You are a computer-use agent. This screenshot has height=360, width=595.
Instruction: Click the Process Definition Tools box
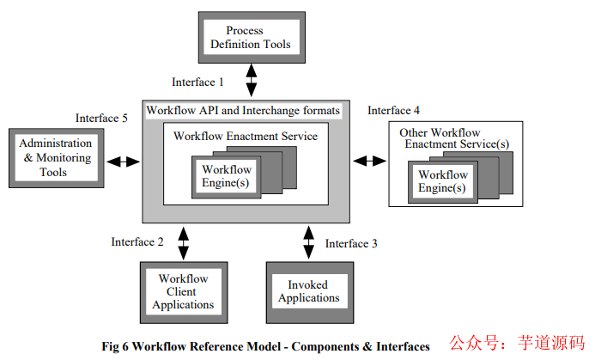252,38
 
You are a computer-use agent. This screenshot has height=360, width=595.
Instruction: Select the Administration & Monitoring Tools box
55,158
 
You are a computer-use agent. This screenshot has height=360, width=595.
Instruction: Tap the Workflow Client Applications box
182,291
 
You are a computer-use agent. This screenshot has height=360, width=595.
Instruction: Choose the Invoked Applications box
308,291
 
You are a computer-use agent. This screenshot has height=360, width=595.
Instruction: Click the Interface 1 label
197,82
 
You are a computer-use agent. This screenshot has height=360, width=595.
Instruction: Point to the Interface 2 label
137,241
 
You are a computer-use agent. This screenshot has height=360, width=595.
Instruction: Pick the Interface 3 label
351,243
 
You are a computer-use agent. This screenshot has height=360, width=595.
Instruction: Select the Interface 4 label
394,110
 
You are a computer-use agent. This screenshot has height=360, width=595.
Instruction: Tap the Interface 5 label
101,118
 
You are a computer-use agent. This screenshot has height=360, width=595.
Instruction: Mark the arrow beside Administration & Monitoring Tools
123,161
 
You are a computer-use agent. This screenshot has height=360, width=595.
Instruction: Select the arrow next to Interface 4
370,160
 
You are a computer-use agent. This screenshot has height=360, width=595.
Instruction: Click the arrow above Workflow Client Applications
182,241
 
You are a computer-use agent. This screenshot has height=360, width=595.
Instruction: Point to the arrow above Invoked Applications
308,241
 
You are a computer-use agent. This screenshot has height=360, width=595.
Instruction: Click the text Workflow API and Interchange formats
244,111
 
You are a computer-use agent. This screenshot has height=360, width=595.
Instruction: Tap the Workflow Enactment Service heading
246,136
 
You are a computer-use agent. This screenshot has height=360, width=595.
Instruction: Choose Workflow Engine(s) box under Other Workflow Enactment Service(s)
443,181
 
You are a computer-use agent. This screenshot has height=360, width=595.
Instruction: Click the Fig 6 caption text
265,346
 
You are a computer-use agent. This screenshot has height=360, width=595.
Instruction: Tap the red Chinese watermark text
519,342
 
